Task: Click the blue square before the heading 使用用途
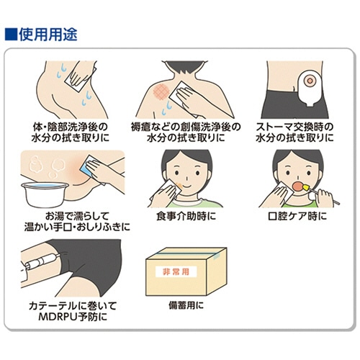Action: click(11, 35)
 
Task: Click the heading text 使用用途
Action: click(48, 35)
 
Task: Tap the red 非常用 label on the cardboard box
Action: click(176, 271)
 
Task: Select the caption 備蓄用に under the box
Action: click(186, 305)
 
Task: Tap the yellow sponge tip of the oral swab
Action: click(305, 187)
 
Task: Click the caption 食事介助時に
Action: click(186, 216)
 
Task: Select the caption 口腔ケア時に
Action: click(297, 216)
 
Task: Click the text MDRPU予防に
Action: click(73, 317)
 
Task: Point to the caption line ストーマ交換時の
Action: click(294, 127)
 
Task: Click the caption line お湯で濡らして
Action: click(77, 216)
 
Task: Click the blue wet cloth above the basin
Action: click(89, 167)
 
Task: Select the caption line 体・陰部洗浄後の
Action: click(70, 127)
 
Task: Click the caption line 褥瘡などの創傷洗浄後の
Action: click(186, 127)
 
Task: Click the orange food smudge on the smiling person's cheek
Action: click(179, 185)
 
